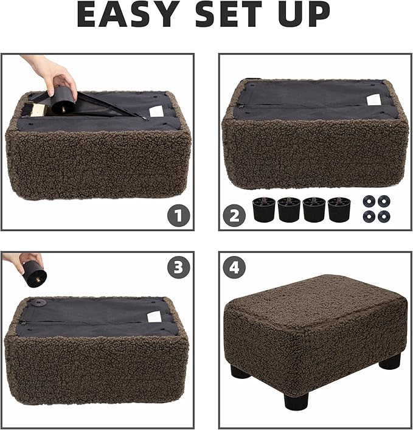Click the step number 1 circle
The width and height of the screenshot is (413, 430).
pos(178,215)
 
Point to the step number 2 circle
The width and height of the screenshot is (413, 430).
pos(234,215)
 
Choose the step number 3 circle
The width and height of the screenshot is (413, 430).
pos(178,268)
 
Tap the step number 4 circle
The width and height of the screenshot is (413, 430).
pos(234,268)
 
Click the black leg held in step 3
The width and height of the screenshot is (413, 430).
pos(35,274)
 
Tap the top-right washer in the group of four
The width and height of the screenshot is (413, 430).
pos(383,201)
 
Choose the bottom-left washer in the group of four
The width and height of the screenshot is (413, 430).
pos(368,215)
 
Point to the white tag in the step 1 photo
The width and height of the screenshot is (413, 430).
pos(156,111)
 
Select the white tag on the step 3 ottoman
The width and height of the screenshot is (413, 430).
pos(154,316)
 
